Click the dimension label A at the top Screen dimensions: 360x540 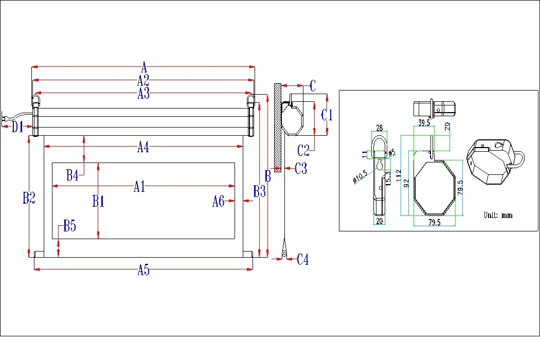click(144, 67)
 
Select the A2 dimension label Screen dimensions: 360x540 click(143, 80)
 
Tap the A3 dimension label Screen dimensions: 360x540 click(143, 93)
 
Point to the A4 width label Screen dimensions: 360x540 click(143, 148)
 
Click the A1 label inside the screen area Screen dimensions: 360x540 click(139, 187)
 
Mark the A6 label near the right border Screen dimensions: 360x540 click(219, 202)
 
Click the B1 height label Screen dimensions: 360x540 click(98, 201)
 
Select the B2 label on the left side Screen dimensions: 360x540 click(29, 198)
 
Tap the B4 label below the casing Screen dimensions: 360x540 click(73, 175)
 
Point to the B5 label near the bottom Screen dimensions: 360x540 click(69, 226)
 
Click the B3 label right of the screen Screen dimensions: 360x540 click(259, 192)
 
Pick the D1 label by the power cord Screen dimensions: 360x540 click(18, 127)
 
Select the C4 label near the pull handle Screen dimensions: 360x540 click(303, 260)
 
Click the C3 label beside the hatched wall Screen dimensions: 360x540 click(301, 168)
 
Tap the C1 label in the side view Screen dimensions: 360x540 click(327, 115)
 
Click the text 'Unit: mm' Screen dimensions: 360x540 click(498, 215)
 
